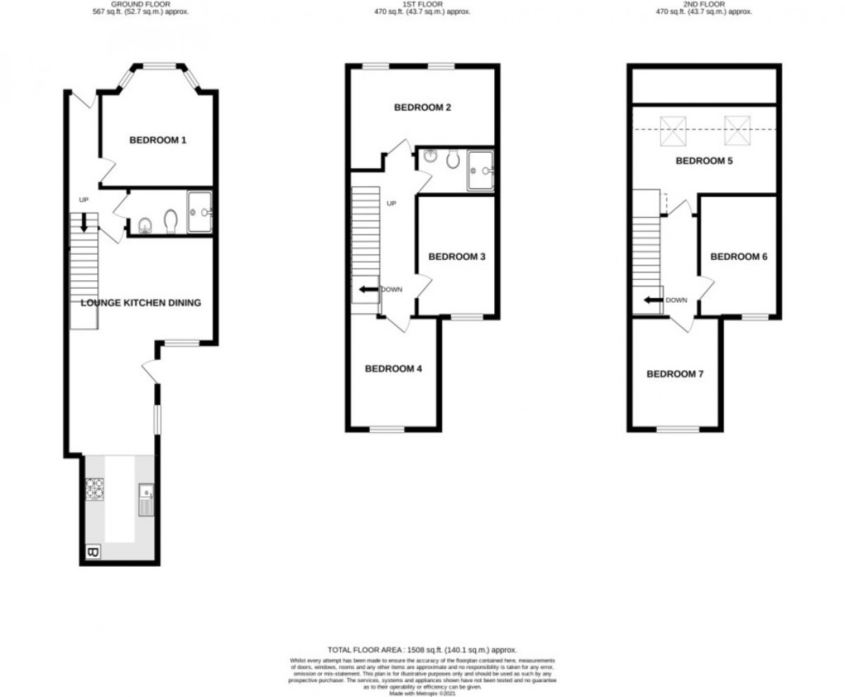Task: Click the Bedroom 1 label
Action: (x=158, y=140)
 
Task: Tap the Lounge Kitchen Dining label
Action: (x=141, y=303)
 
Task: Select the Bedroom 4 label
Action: (x=393, y=369)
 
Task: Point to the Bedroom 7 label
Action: (x=675, y=374)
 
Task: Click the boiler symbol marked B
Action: (x=92, y=553)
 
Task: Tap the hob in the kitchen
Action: (x=94, y=489)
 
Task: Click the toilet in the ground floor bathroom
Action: (x=170, y=222)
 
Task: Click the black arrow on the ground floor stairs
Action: (x=84, y=223)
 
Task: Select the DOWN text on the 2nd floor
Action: (x=676, y=300)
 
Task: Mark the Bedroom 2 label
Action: (x=422, y=108)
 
